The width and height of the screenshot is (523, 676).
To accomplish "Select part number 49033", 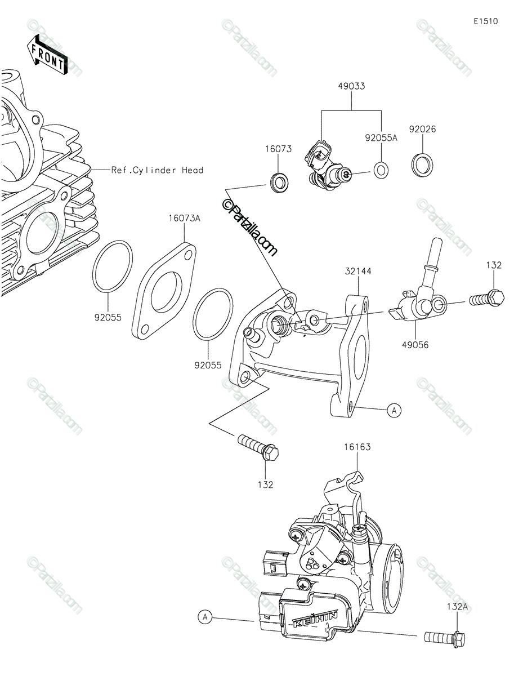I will click(351, 86).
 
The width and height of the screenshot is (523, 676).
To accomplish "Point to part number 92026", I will click(423, 129).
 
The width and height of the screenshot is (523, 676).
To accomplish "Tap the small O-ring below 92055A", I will click(381, 168).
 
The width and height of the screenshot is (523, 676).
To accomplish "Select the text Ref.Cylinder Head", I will click(157, 170).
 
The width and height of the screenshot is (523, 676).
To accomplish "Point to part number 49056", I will click(416, 344).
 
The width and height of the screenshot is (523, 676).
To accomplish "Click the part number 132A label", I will click(458, 606).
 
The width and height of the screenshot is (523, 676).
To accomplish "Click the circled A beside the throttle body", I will click(206, 618).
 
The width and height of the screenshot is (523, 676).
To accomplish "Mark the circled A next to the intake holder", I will click(394, 411).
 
